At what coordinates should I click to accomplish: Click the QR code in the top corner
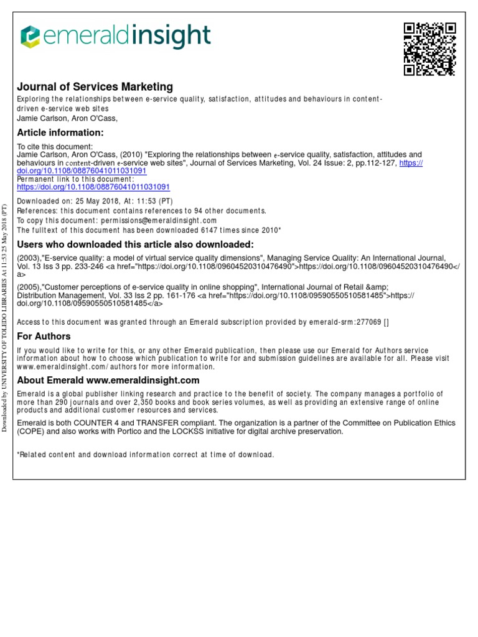[430, 49]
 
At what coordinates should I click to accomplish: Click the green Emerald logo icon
[30, 37]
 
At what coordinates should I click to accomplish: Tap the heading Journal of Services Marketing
[95, 87]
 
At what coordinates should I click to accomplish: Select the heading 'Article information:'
[60, 133]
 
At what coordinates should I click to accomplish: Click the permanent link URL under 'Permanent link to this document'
[93, 187]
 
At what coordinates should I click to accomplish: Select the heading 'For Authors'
[44, 336]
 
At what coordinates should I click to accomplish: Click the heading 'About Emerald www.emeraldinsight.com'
[108, 380]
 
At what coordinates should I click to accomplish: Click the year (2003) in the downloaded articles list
[29, 258]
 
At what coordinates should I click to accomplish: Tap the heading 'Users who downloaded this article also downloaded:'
[135, 244]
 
